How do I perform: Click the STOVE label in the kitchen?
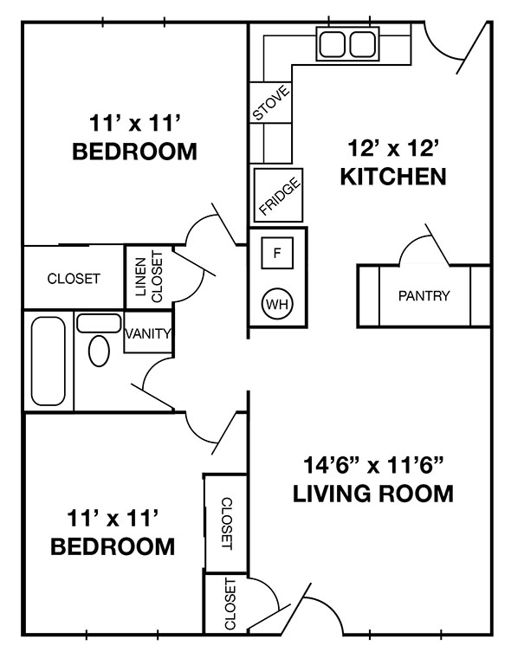pyautogui.click(x=270, y=102)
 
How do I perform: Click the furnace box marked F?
pyautogui.click(x=277, y=254)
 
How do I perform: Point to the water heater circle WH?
pyautogui.click(x=277, y=304)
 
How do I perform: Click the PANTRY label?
pyautogui.click(x=424, y=296)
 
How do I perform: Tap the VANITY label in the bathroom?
pyautogui.click(x=148, y=333)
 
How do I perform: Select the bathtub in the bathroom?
pyautogui.click(x=48, y=361)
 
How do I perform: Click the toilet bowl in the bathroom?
pyautogui.click(x=100, y=352)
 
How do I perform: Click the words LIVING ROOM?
pyautogui.click(x=372, y=494)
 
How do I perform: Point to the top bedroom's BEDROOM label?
pyautogui.click(x=134, y=152)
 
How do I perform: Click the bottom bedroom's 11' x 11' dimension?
pyautogui.click(x=113, y=518)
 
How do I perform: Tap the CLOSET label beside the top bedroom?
pyautogui.click(x=74, y=279)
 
